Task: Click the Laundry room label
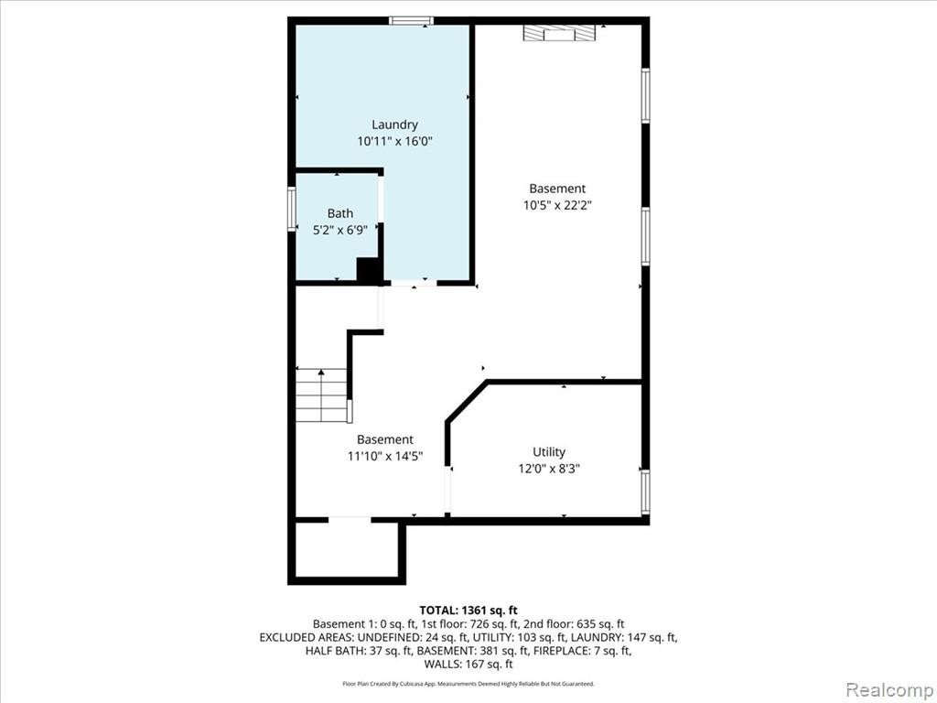coord(394,124)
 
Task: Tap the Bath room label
coord(340,213)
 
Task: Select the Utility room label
coord(549,452)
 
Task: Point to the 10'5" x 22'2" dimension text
coord(557,206)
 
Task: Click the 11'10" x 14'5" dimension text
coord(385,456)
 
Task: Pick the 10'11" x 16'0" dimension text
coord(394,142)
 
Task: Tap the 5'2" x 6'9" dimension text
coord(340,230)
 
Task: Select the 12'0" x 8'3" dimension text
coord(549,469)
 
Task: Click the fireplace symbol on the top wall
coord(560,33)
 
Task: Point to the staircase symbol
coord(321,395)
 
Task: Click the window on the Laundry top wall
coord(411,21)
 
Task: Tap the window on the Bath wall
coord(292,209)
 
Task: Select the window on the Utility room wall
coord(645,492)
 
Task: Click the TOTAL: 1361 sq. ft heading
coord(468,611)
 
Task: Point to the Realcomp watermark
coord(889,689)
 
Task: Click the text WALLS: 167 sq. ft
coord(468,665)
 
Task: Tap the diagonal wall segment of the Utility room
coord(467,402)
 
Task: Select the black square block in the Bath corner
coord(370,270)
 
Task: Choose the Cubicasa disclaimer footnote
coord(468,683)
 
